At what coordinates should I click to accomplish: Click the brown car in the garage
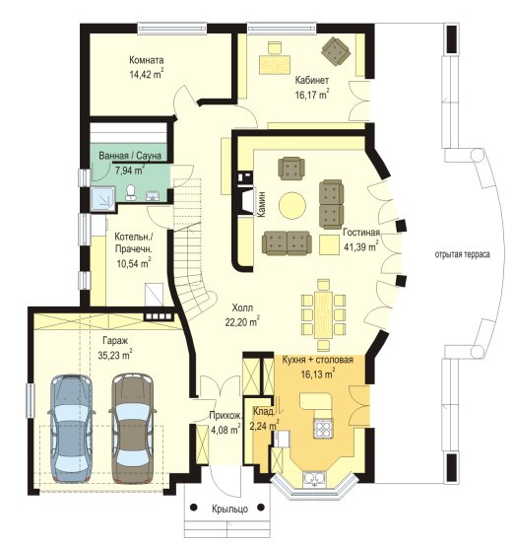pyautogui.click(x=132, y=428)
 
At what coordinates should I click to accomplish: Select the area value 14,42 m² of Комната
pyautogui.click(x=147, y=74)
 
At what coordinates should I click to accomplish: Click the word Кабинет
pyautogui.click(x=312, y=80)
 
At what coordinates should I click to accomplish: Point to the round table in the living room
pyautogui.click(x=292, y=206)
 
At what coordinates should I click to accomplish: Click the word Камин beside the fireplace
pyautogui.click(x=261, y=204)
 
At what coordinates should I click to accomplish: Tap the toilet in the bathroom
pyautogui.click(x=131, y=192)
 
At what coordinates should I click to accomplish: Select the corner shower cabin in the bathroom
pyautogui.click(x=102, y=198)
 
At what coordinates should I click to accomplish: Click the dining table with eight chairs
pyautogui.click(x=323, y=315)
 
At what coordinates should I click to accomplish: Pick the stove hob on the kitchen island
pyautogui.click(x=324, y=428)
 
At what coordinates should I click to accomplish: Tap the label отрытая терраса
pyautogui.click(x=462, y=254)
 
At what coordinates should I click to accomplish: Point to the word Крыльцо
pyautogui.click(x=230, y=509)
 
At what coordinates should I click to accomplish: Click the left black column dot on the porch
pyautogui.click(x=194, y=508)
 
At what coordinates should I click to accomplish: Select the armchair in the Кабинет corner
pyautogui.click(x=336, y=51)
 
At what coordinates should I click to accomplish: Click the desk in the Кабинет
pyautogui.click(x=275, y=64)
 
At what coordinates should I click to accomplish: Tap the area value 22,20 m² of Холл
pyautogui.click(x=242, y=322)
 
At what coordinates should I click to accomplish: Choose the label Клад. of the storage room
pyautogui.click(x=264, y=411)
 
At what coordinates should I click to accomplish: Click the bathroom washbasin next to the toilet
pyautogui.click(x=153, y=196)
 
